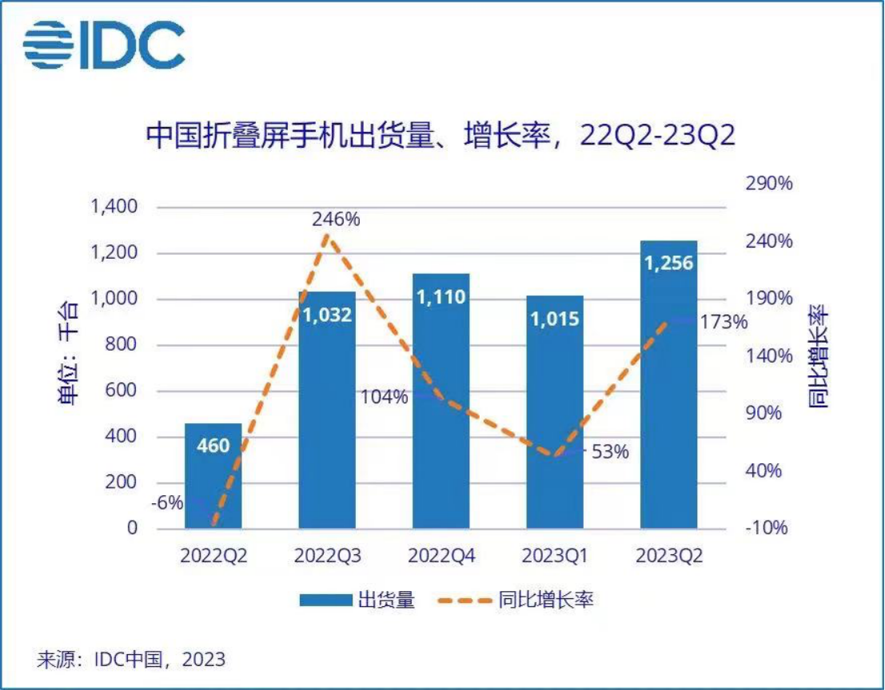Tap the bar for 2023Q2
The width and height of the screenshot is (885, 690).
pyautogui.click(x=668, y=384)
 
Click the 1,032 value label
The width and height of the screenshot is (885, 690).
pyautogui.click(x=327, y=314)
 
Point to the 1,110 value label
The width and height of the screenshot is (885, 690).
pyautogui.click(x=441, y=298)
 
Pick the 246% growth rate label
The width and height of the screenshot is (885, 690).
pyautogui.click(x=336, y=218)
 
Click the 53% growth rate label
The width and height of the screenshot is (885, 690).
pyautogui.click(x=610, y=452)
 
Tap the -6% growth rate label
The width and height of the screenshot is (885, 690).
pyautogui.click(x=167, y=503)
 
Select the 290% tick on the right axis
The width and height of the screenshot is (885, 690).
pyautogui.click(x=769, y=184)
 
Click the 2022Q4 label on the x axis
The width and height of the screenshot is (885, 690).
pyautogui.click(x=441, y=557)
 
